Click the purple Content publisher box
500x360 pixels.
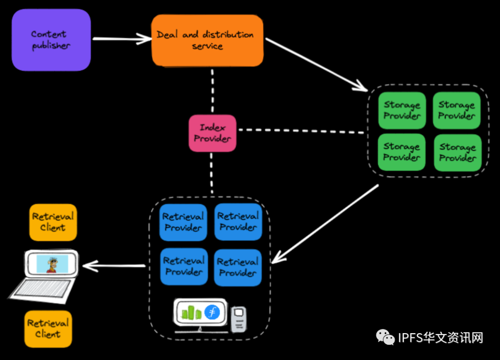tap(51, 40)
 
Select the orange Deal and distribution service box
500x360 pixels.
tap(207, 40)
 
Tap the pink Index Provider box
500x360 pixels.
tap(212, 133)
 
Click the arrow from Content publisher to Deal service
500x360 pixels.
tap(122, 39)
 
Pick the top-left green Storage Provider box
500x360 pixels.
tap(401, 111)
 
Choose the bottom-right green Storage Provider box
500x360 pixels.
tap(457, 153)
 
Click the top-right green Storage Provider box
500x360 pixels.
tap(456, 111)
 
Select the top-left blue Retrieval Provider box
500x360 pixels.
tap(183, 222)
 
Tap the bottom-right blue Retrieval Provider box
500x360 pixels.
tap(238, 267)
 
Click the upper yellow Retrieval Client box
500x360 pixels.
tap(53, 222)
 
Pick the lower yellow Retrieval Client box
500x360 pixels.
tap(48, 329)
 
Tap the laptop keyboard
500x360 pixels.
tap(42, 289)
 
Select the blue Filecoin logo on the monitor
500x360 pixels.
tap(212, 312)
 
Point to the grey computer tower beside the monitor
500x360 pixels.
tap(238, 319)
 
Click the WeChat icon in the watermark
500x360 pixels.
tap(385, 337)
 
